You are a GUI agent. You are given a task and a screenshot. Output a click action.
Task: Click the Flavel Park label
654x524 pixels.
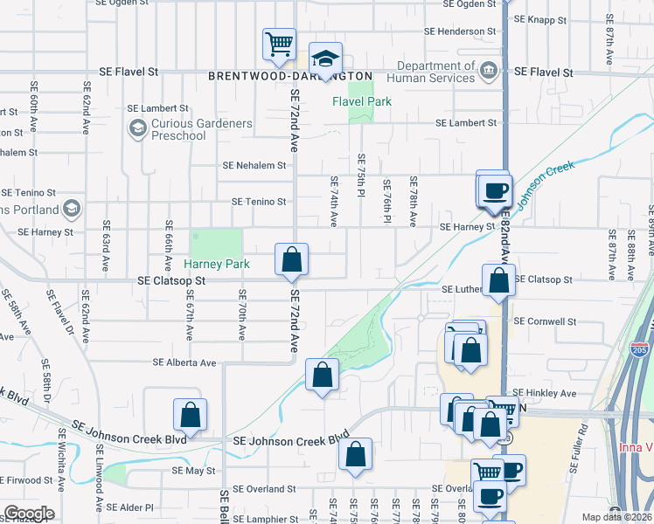tap(361, 101)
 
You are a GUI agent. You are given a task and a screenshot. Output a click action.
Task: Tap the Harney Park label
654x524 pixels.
tap(217, 264)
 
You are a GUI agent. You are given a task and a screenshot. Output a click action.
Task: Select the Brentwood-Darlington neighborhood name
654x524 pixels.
tap(290, 76)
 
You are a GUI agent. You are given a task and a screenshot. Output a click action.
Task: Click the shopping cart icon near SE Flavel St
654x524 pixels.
tap(279, 44)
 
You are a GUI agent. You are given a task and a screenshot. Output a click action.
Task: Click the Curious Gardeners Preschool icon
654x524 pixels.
tap(137, 130)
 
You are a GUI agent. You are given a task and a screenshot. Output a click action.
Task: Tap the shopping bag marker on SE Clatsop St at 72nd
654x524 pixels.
tap(291, 259)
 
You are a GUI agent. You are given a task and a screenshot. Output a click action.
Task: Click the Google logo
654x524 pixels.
tap(28, 514)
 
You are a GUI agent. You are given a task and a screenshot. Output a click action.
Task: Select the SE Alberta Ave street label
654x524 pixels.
tap(184, 362)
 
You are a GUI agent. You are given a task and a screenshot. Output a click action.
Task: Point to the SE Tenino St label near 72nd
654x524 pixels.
tap(259, 202)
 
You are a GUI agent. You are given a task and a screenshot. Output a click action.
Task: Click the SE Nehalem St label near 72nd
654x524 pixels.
tap(254, 165)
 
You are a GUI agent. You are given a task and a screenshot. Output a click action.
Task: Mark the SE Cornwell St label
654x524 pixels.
tap(546, 321)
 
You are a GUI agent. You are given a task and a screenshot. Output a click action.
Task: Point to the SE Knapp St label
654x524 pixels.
tap(542, 18)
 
